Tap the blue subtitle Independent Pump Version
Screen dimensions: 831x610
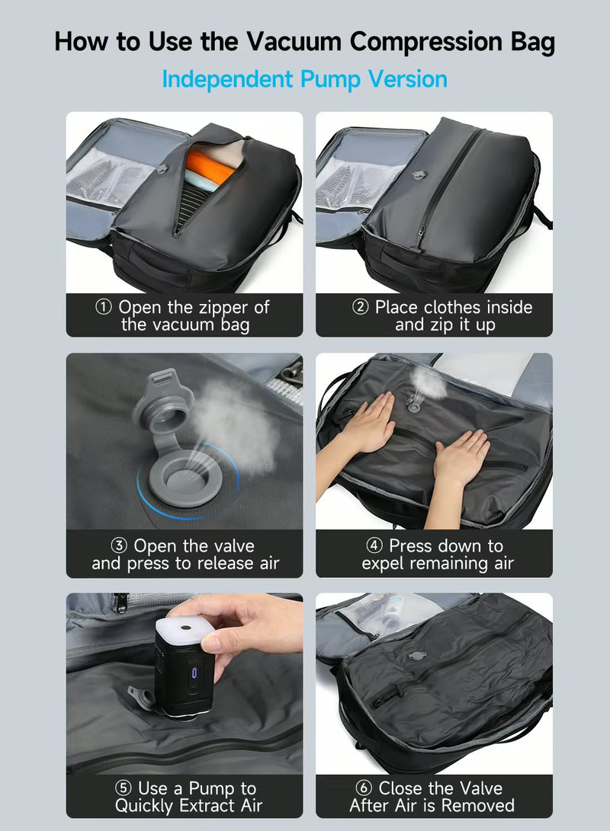point(304,79)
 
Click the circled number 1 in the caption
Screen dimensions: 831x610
point(103,308)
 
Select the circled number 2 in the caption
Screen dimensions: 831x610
point(360,308)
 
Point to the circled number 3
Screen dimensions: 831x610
point(118,546)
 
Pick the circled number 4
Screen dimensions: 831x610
point(374,546)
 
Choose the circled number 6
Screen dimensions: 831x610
point(364,788)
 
